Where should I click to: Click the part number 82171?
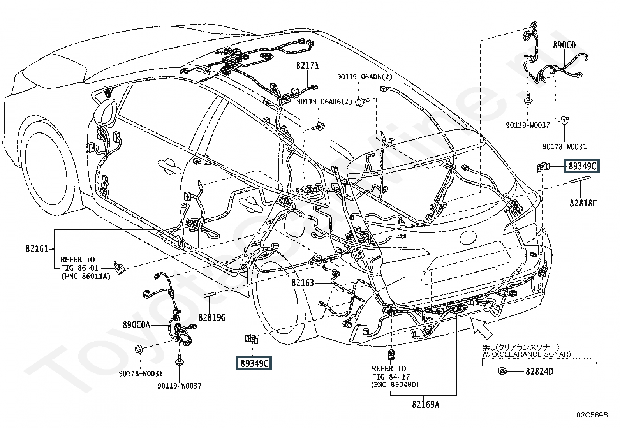click(x=307, y=65)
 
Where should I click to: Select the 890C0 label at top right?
click(x=564, y=45)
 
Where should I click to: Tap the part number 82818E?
click(x=583, y=203)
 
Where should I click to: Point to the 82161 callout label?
click(x=37, y=248)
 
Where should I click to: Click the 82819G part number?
click(x=212, y=318)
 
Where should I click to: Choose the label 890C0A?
click(x=136, y=325)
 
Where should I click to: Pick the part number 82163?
click(x=303, y=282)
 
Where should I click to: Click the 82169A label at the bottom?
click(x=425, y=405)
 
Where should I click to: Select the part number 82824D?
click(x=539, y=371)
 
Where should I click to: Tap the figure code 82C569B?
click(x=592, y=415)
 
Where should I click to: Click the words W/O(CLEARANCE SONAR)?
click(x=527, y=354)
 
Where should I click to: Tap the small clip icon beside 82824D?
click(x=502, y=371)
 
